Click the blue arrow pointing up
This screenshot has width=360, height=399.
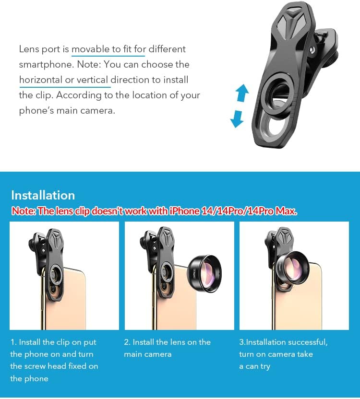pyautogui.click(x=242, y=93)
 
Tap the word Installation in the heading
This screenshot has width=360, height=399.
pyautogui.click(x=43, y=196)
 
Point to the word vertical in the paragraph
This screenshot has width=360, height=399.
pyautogui.click(x=92, y=80)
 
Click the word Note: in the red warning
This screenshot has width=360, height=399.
pyautogui.click(x=24, y=211)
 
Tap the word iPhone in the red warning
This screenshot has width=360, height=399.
pyautogui.click(x=184, y=211)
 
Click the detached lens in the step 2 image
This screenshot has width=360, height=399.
pyautogui.click(x=204, y=273)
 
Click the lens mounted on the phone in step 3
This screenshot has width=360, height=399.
pyautogui.click(x=292, y=269)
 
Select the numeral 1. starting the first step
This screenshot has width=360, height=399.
pyautogui.click(x=13, y=342)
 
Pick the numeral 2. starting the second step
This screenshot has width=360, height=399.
pyautogui.click(x=127, y=342)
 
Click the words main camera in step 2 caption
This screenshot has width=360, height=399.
pyautogui.click(x=148, y=354)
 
